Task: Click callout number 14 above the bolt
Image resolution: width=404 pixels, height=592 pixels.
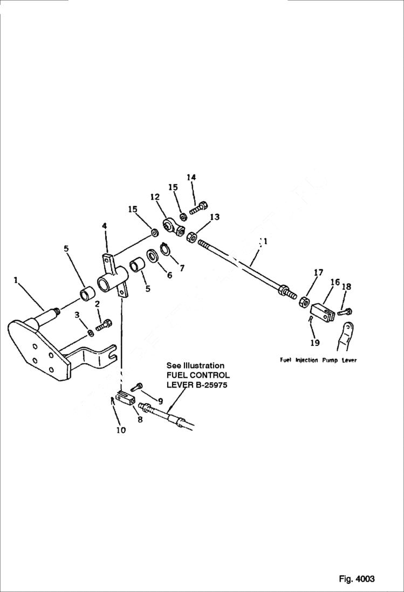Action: (191, 178)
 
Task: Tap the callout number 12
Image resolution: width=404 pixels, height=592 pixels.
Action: (155, 198)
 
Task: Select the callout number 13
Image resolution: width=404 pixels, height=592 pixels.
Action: (215, 217)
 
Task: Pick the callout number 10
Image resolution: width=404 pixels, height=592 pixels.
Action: (120, 430)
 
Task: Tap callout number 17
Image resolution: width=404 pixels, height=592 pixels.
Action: (319, 273)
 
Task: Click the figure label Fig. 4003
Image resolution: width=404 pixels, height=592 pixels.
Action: (357, 579)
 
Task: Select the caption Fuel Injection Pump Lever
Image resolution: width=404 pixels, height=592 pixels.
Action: (318, 360)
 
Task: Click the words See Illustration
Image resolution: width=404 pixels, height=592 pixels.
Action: (195, 365)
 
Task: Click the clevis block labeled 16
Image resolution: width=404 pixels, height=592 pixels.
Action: (323, 311)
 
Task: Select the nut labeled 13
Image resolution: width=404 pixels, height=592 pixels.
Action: (191, 237)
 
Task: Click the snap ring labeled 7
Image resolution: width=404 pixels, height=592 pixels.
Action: (165, 250)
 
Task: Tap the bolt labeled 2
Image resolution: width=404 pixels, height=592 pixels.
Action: (104, 325)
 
